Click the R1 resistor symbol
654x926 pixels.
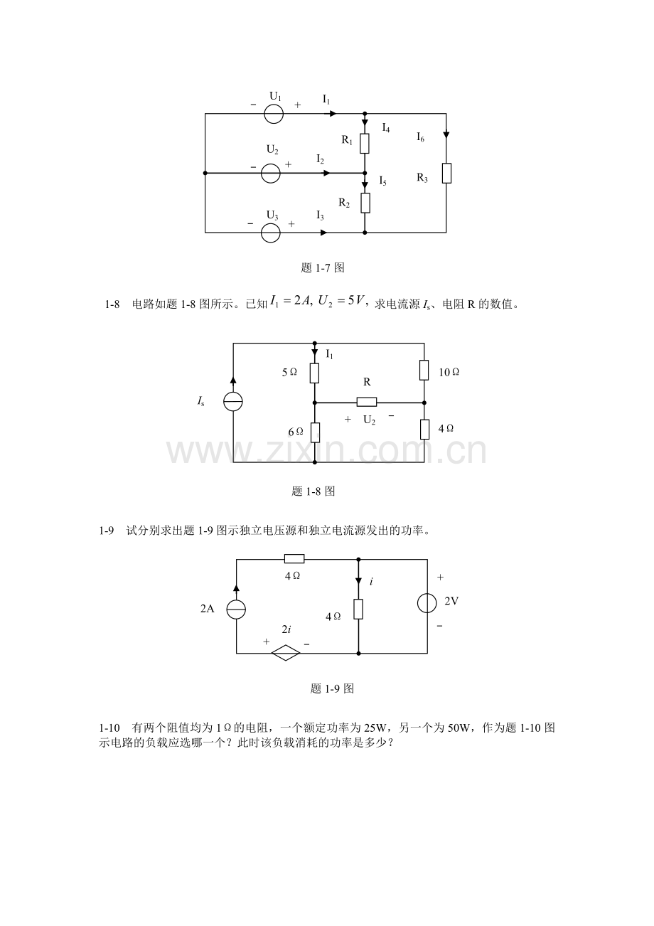[x=365, y=144]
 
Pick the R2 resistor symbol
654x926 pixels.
[x=365, y=203]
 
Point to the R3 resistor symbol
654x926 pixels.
[x=446, y=174]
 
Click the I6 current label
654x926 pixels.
[x=420, y=137]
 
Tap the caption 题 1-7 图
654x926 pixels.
[x=323, y=268]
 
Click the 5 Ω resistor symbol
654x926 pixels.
[x=314, y=373]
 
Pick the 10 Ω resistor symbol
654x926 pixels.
[x=424, y=370]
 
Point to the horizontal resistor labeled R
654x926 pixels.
[x=367, y=402]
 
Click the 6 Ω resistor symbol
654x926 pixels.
[x=314, y=432]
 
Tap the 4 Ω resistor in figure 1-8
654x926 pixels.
[x=424, y=429]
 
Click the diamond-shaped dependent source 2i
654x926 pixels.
[x=286, y=653]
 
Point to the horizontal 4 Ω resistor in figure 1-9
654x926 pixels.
[x=294, y=559]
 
